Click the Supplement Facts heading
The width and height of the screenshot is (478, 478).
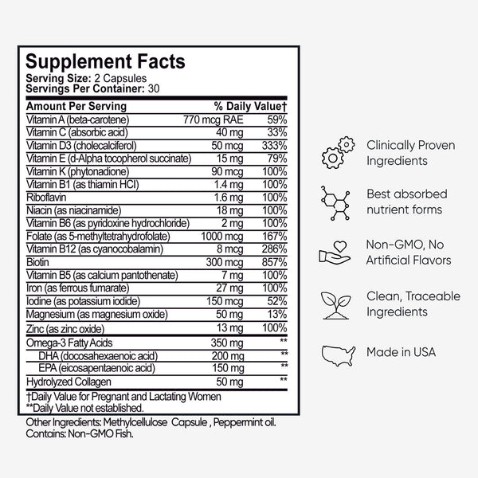point(105,61)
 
